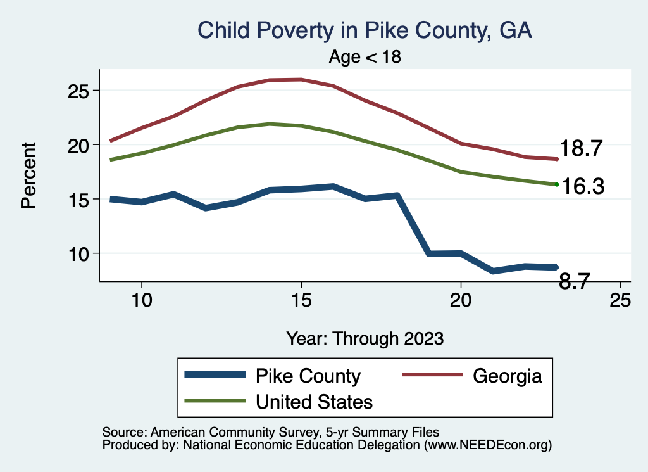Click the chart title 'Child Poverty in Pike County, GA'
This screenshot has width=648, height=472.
click(x=364, y=30)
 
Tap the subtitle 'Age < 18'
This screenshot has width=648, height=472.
click(x=365, y=57)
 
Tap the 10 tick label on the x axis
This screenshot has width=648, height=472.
click(x=142, y=300)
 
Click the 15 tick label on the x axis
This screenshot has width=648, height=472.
click(x=301, y=300)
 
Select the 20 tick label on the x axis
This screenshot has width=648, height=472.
click(x=461, y=300)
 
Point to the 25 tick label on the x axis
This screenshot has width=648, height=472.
click(x=620, y=300)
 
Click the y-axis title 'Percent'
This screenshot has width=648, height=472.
click(x=28, y=175)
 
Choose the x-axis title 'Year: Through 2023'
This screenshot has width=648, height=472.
click(x=364, y=338)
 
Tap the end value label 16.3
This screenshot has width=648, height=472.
click(x=583, y=186)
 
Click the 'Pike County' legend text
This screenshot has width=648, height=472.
click(x=308, y=376)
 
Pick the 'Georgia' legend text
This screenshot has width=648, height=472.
click(x=508, y=376)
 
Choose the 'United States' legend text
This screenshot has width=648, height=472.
click(x=314, y=401)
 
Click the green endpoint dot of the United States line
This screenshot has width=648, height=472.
click(x=556, y=184)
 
